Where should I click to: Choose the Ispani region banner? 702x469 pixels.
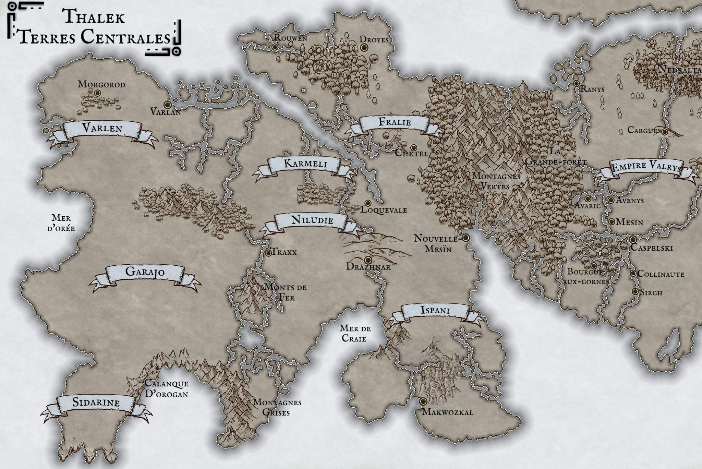pyautogui.click(x=435, y=311)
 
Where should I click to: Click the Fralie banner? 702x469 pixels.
pyautogui.click(x=395, y=122)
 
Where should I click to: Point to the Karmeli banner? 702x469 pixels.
pyautogui.click(x=305, y=164)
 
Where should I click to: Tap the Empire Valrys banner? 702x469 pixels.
pyautogui.click(x=646, y=168)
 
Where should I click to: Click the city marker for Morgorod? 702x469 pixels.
pyautogui.click(x=97, y=93)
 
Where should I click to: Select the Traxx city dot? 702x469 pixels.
pyautogui.click(x=268, y=253)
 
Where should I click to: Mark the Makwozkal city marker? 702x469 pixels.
pyautogui.click(x=423, y=401)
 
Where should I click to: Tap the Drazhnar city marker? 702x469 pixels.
pyautogui.click(x=368, y=260)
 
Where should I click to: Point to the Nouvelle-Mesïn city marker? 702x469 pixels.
pyautogui.click(x=465, y=238)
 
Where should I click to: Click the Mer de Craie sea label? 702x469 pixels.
pyautogui.click(x=355, y=333)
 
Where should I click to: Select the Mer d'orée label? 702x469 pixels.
pyautogui.click(x=61, y=223)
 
